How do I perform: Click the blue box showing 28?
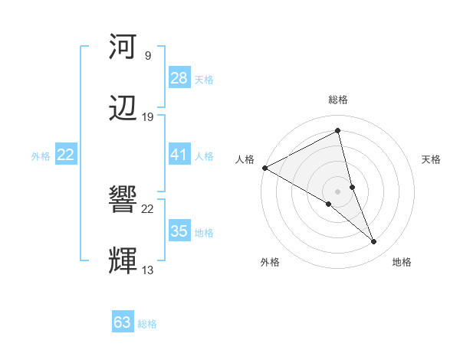tap(179, 78)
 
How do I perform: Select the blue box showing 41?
tap(179, 155)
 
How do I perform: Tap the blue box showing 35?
tap(179, 231)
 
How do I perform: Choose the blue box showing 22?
tap(66, 155)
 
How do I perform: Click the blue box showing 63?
tap(123, 322)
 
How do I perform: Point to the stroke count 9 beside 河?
tap(147, 56)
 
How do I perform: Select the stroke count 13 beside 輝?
tap(147, 270)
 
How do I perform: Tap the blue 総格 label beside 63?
tap(147, 324)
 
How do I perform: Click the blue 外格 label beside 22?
tap(41, 156)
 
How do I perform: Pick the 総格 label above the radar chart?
tap(338, 100)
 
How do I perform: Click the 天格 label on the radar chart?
tap(431, 159)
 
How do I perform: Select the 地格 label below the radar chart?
tap(402, 262)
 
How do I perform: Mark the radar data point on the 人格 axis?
tap(264, 168)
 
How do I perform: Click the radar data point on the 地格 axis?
tap(374, 241)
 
